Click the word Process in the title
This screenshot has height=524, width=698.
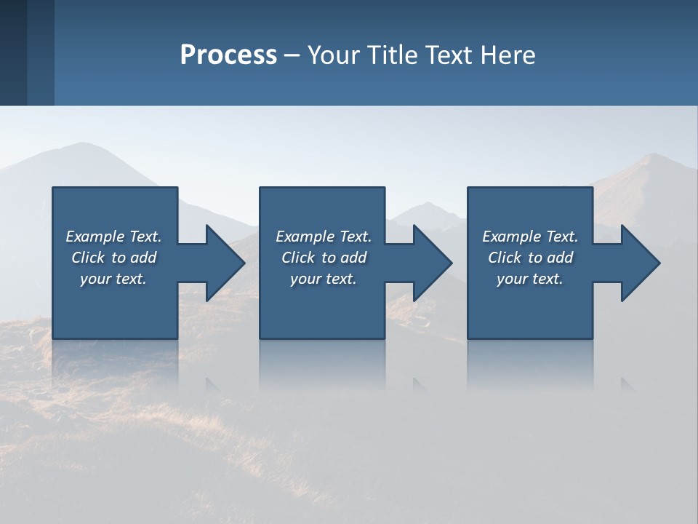tap(228, 55)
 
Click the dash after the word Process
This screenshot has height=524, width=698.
tap(292, 56)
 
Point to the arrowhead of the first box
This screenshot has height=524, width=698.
tap(225, 263)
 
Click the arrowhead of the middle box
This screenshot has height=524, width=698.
tap(433, 263)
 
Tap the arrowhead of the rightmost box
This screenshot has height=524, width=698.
tap(641, 263)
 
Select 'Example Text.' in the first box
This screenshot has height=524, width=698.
tap(113, 237)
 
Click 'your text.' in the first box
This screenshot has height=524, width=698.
tap(113, 279)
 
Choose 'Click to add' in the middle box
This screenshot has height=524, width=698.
tap(324, 258)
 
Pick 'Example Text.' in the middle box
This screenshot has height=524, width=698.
tap(324, 237)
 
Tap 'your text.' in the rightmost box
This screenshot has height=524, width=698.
tap(530, 279)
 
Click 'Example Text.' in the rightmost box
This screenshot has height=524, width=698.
tap(530, 237)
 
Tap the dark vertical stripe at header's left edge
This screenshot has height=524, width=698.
tap(13, 52)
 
